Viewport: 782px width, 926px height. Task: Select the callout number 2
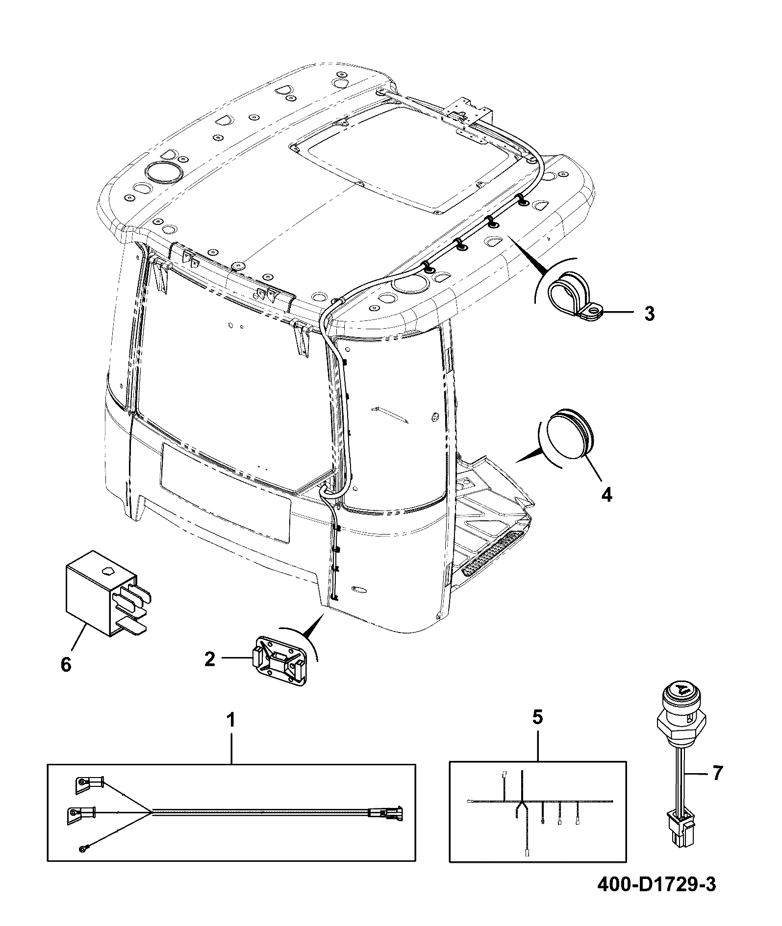(209, 659)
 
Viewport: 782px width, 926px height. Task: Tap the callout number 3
(649, 314)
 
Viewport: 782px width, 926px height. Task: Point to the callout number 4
(606, 495)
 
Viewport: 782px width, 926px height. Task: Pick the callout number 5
(537, 718)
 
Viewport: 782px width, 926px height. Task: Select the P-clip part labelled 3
(575, 298)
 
